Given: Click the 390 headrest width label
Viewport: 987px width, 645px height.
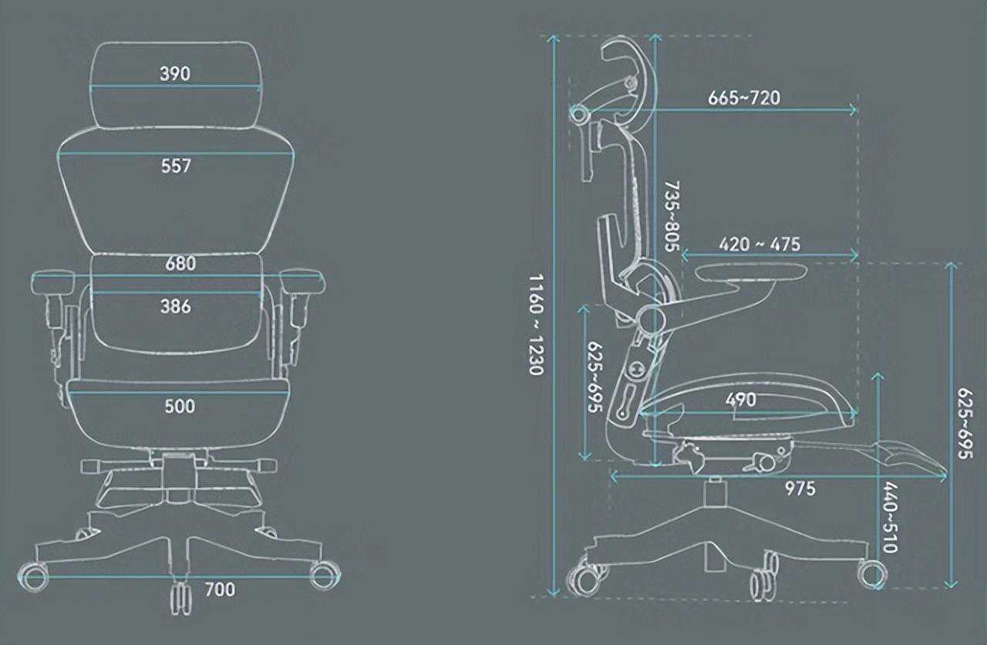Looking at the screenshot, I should coord(175,74).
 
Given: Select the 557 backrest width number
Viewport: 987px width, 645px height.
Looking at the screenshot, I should coord(176,166).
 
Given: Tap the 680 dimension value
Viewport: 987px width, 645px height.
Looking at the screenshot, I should coord(180,263).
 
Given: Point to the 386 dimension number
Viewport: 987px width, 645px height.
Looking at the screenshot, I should coord(176,306).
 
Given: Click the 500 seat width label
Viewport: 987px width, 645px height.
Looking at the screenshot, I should coord(180,406).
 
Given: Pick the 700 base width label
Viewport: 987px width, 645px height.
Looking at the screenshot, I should coord(220,590).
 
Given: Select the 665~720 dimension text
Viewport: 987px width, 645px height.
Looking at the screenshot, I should coord(743,98).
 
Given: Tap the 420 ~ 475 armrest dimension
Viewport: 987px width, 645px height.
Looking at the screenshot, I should coord(760,244).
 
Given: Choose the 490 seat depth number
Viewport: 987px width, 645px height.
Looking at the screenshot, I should coord(740,400).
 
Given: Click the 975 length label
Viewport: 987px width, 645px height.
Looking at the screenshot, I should coord(800,489).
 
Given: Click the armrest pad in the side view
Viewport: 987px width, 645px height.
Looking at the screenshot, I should coord(752,272).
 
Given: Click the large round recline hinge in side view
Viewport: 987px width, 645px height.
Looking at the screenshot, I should coord(652,318).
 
